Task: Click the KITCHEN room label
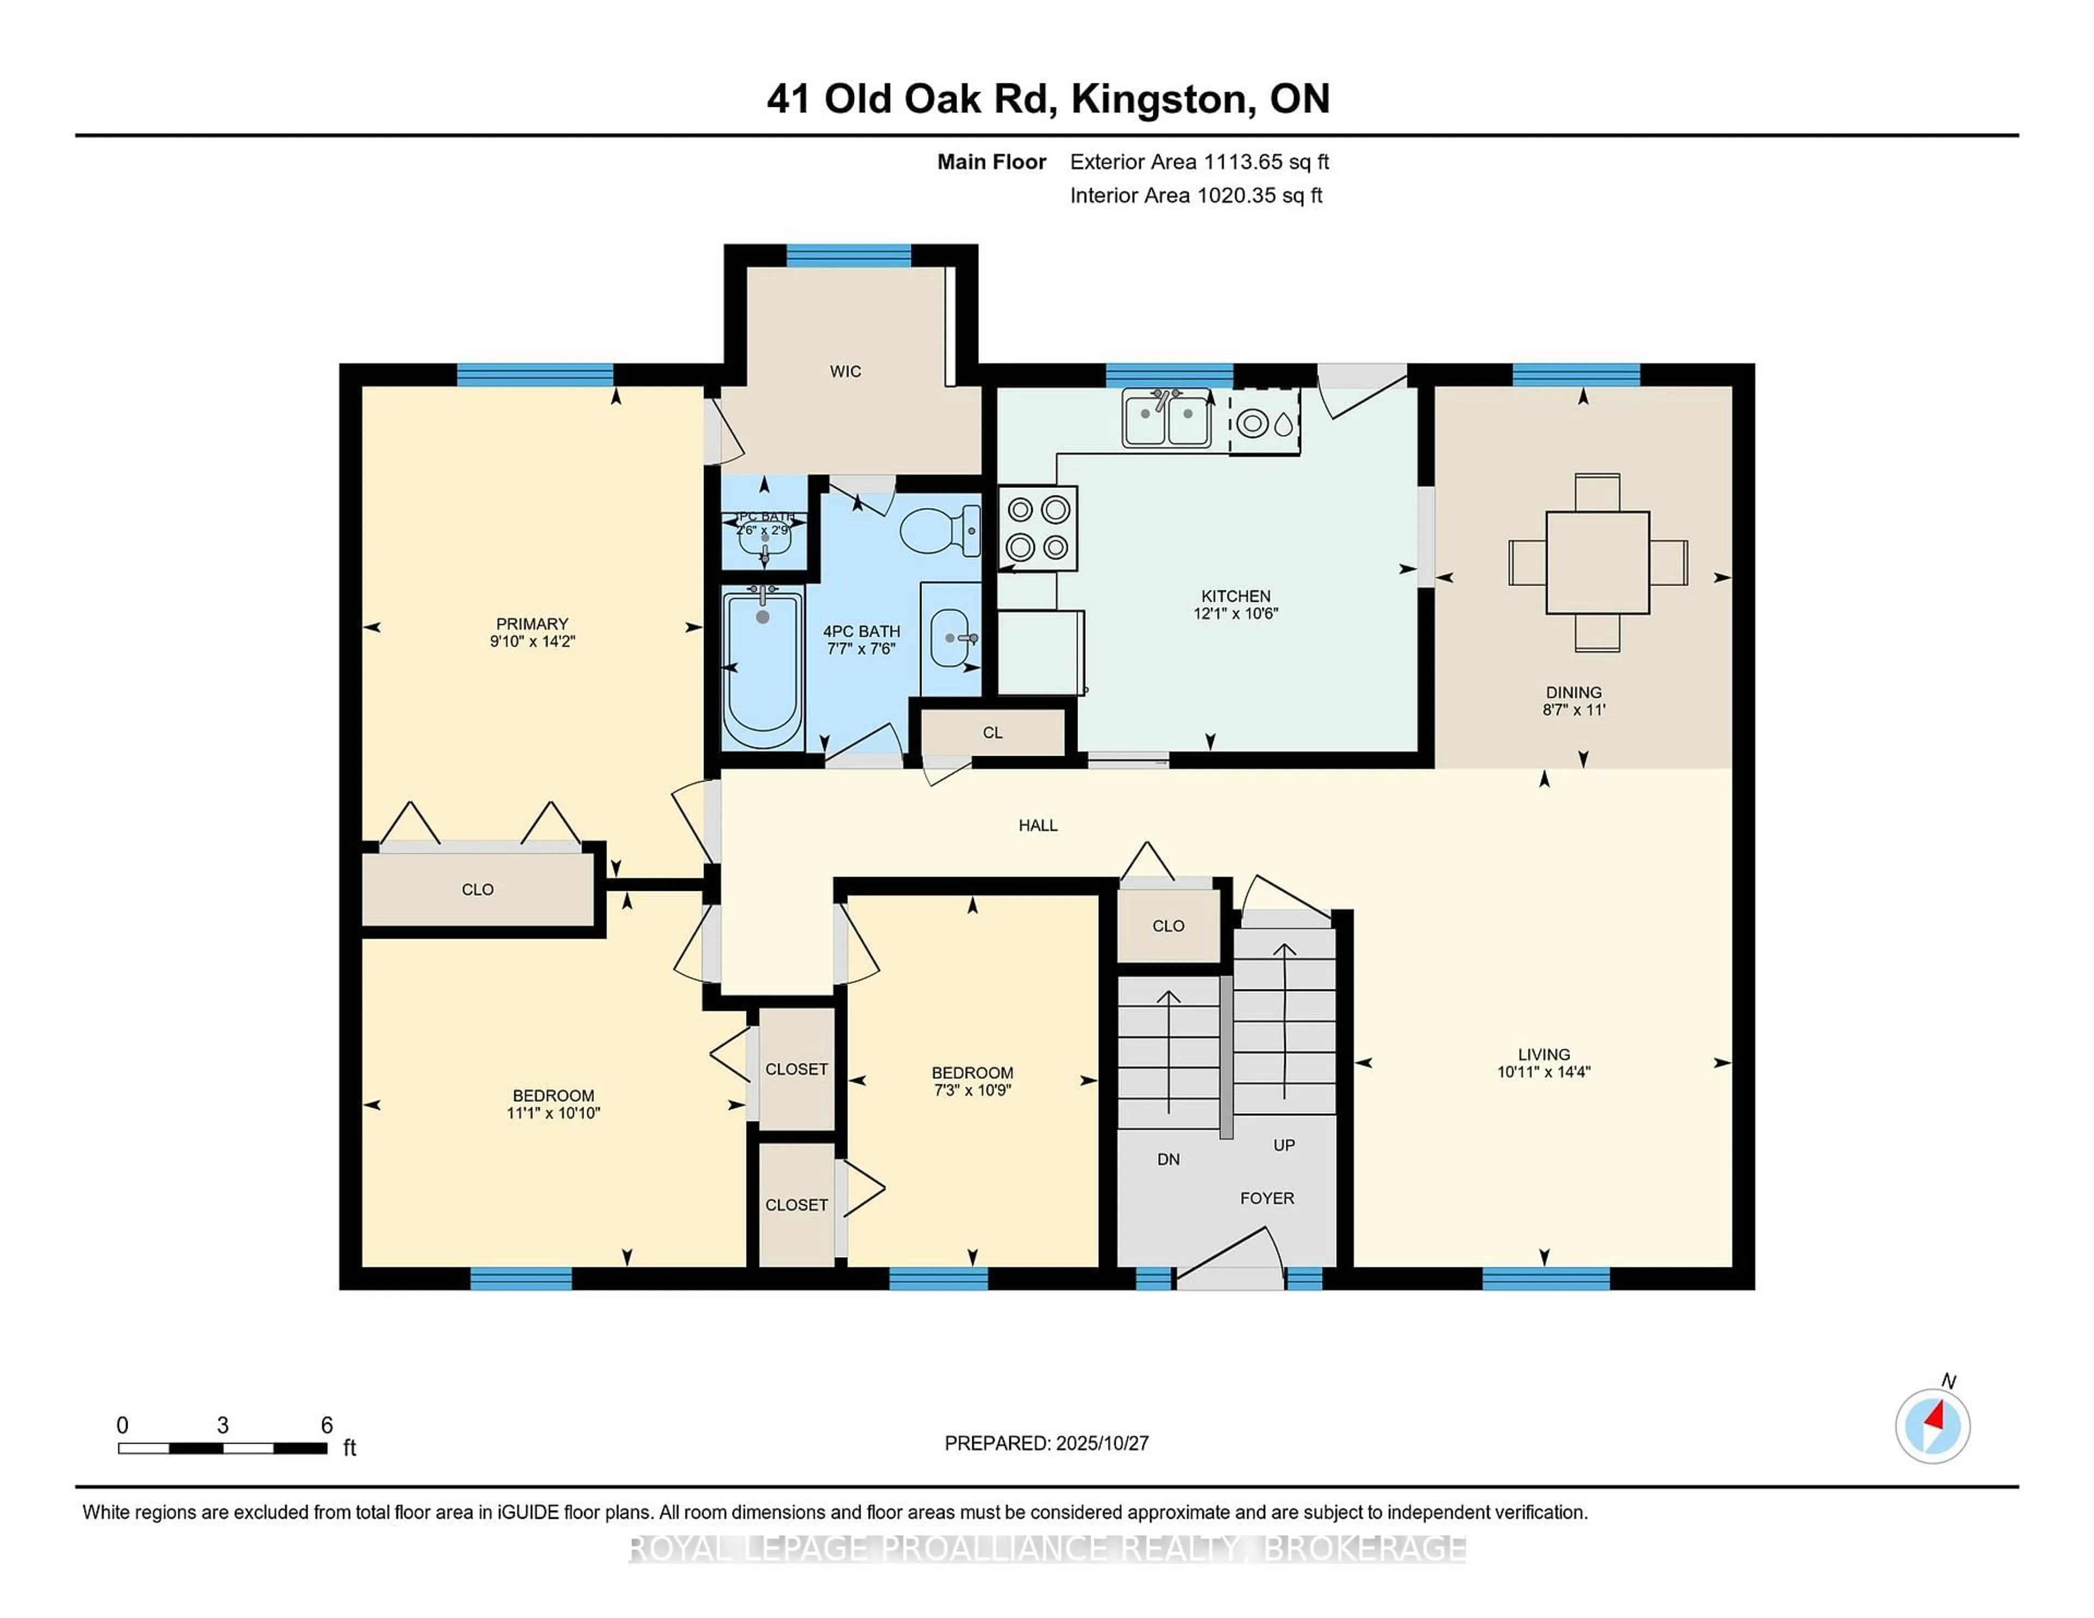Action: pyautogui.click(x=1235, y=596)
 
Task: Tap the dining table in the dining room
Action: pyautogui.click(x=1597, y=563)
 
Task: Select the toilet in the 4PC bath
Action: pyautogui.click(x=940, y=530)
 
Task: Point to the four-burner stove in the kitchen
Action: pyautogui.click(x=1037, y=527)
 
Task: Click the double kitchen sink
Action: pyautogui.click(x=1166, y=420)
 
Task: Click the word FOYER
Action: pyautogui.click(x=1267, y=1198)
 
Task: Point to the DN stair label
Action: pyautogui.click(x=1168, y=1159)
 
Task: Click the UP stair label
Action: pyautogui.click(x=1284, y=1144)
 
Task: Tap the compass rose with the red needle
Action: pyautogui.click(x=1932, y=1426)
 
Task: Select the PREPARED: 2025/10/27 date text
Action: pyautogui.click(x=1046, y=1442)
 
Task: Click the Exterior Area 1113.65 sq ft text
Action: pyautogui.click(x=1199, y=162)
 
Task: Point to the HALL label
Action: pyautogui.click(x=1037, y=825)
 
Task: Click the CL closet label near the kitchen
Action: pyautogui.click(x=992, y=732)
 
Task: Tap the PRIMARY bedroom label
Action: pyautogui.click(x=532, y=624)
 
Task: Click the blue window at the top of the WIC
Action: pyautogui.click(x=849, y=255)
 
